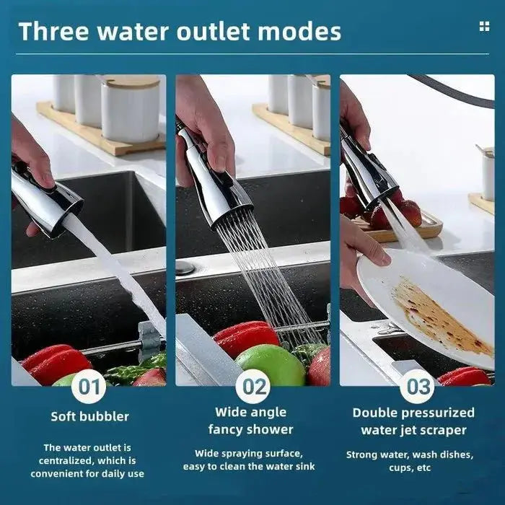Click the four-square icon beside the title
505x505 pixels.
point(483,27)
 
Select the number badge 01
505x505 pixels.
point(89,387)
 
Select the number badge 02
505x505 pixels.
point(253,387)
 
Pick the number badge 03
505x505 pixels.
point(418,387)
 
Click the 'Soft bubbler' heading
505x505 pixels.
point(89,416)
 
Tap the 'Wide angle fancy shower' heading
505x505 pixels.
point(250,421)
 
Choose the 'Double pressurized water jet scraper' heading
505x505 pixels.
point(413,421)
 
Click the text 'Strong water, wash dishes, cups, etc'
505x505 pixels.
point(409,460)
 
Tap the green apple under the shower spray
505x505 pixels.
point(270,364)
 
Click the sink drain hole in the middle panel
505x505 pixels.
point(185,268)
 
